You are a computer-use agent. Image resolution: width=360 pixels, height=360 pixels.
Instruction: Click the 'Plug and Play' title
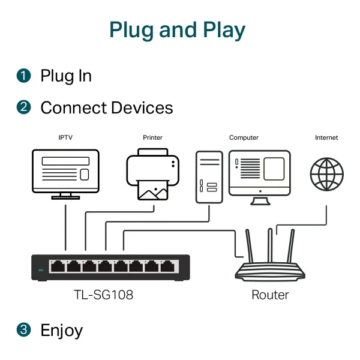[177, 30]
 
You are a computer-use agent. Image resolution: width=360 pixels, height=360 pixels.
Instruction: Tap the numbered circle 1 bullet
[23, 76]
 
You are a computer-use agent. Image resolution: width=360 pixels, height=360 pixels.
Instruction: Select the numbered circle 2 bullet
[23, 107]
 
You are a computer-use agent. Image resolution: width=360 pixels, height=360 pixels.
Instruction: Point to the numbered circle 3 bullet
[23, 330]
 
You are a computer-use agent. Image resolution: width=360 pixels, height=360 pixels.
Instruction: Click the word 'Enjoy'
[62, 331]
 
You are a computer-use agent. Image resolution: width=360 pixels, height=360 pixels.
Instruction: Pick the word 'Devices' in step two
[142, 107]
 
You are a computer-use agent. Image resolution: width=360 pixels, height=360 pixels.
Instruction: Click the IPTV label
[65, 137]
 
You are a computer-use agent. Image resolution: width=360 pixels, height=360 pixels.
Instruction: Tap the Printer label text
[152, 137]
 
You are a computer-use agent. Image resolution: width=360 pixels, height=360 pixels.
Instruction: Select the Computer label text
[244, 138]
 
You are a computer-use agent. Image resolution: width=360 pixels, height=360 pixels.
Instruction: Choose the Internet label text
[326, 137]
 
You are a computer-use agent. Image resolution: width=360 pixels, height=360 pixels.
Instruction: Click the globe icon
[327, 174]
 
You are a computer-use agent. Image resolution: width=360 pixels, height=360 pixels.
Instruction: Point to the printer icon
[152, 175]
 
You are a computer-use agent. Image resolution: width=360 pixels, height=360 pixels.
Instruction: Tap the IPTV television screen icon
[65, 174]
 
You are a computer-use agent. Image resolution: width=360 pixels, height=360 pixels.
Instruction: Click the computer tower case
[209, 177]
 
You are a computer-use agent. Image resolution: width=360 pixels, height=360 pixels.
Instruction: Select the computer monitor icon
[260, 178]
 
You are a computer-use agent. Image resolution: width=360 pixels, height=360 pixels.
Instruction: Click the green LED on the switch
[41, 270]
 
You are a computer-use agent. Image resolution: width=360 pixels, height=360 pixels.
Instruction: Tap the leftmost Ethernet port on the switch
[58, 266]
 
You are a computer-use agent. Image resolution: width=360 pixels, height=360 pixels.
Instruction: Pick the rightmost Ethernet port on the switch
[168, 266]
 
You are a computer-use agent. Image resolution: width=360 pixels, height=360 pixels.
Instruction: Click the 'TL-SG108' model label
[103, 295]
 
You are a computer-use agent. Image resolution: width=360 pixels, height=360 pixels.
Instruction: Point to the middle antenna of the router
[270, 245]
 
